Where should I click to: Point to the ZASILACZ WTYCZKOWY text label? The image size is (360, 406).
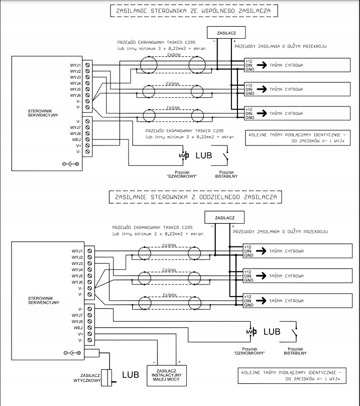88,379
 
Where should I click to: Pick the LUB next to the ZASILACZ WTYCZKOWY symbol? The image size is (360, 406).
130,375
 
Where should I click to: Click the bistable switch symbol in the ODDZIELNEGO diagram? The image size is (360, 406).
294,332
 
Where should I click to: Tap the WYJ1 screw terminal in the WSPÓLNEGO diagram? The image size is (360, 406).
88,65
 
